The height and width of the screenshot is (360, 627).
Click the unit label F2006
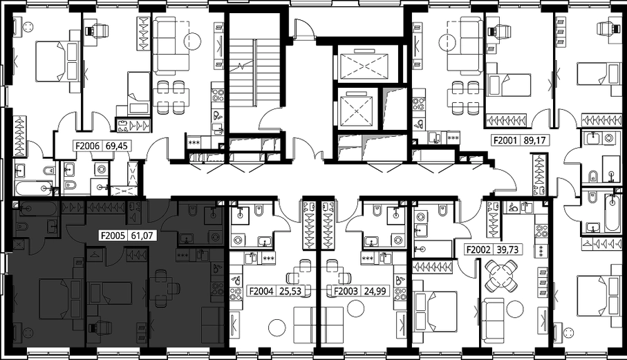tap(87, 146)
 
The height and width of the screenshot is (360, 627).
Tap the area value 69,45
tap(116, 146)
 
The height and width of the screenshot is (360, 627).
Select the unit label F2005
tap(113, 236)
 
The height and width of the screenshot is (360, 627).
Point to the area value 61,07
tap(142, 236)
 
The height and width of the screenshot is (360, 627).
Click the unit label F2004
tap(261, 292)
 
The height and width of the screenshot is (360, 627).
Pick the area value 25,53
tap(290, 292)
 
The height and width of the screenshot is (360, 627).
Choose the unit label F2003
tap(346, 292)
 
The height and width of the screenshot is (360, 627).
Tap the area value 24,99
tap(375, 292)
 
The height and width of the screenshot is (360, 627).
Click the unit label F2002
tap(478, 249)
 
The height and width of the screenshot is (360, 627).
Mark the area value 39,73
tap(507, 249)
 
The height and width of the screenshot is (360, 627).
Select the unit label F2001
tap(506, 140)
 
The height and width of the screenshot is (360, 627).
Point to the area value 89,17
tap(534, 140)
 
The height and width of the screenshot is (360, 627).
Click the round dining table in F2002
tap(501, 275)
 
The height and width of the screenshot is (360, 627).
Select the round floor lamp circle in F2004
tap(277, 328)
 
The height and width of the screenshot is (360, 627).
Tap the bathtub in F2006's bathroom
tap(34, 188)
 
